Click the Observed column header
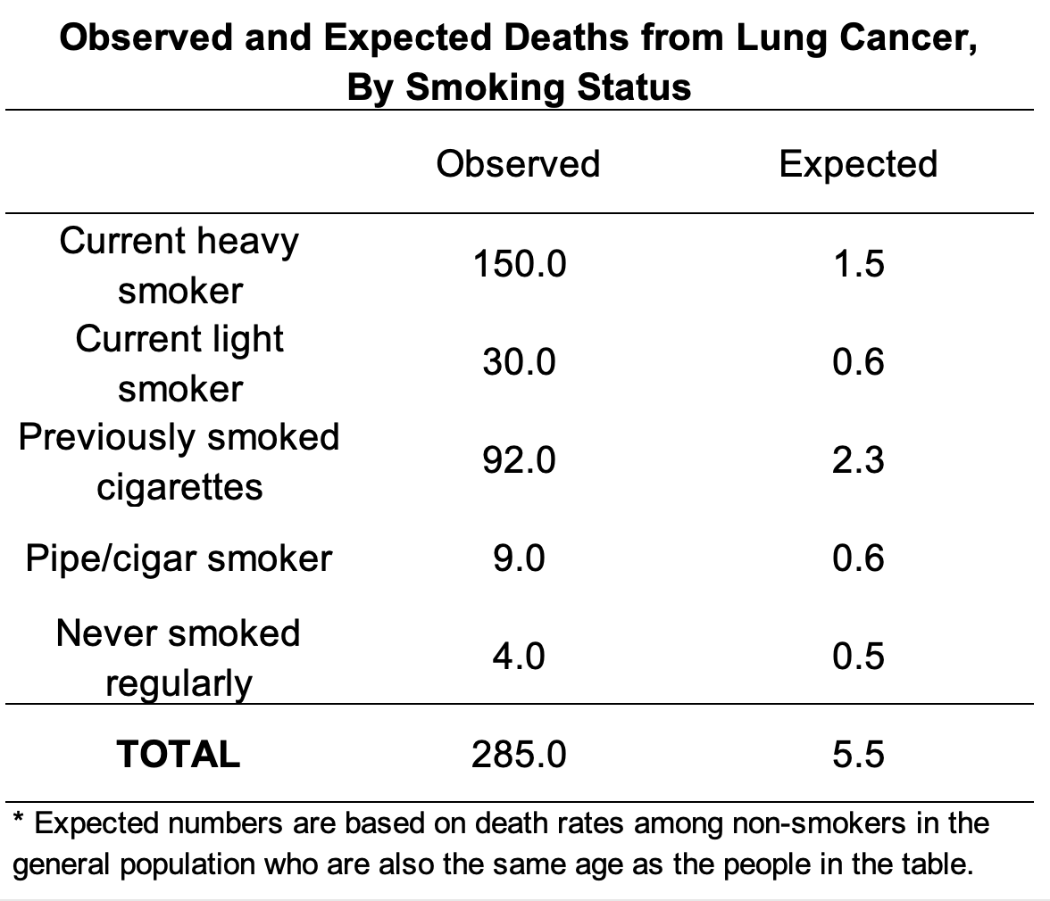pos(518,164)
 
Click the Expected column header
pos(858,164)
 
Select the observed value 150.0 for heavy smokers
pos(519,264)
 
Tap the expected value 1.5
pos(858,264)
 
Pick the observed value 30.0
pos(519,362)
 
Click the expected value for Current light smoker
pos(858,362)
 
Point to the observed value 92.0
pos(519,460)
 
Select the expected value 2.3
pos(858,460)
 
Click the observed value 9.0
pos(519,558)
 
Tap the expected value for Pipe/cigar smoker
pos(858,558)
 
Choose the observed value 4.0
pos(519,657)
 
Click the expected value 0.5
pos(858,657)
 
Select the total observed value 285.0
pos(519,755)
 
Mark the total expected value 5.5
pos(858,755)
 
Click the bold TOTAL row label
pos(179,755)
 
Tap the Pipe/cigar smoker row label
pos(179,558)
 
